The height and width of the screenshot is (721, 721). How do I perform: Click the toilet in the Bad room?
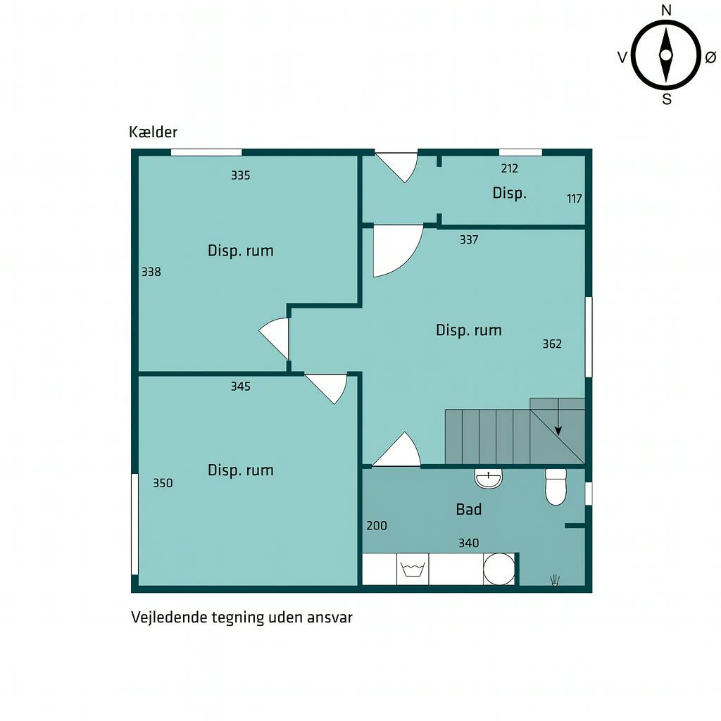pos(556,487)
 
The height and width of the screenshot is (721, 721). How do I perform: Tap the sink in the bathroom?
pos(489,479)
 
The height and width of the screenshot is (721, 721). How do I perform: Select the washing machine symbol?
pos(413,569)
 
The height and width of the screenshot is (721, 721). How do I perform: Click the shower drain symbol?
pos(555,580)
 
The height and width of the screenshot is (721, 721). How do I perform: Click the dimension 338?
pos(151,272)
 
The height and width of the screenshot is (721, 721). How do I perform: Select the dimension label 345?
pos(241,387)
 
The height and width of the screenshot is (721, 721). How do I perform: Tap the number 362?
pos(552,344)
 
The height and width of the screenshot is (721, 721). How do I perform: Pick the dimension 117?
pos(575,199)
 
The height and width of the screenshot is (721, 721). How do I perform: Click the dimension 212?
pos(510,168)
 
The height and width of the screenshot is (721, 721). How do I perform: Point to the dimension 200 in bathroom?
pos(377,525)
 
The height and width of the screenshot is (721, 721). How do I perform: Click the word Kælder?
pos(153,132)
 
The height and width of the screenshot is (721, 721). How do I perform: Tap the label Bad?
pos(468,509)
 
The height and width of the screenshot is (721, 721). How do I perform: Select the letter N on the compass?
pos(666,10)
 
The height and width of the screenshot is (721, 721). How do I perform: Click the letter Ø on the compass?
pos(710,57)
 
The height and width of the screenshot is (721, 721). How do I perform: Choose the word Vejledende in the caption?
pos(169,617)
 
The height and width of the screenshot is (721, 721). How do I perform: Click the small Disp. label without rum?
pos(510,193)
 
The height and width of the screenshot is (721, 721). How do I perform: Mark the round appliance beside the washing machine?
pos(499,569)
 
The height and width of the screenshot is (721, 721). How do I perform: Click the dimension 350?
pos(163,483)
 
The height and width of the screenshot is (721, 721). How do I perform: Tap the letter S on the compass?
pos(667,99)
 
